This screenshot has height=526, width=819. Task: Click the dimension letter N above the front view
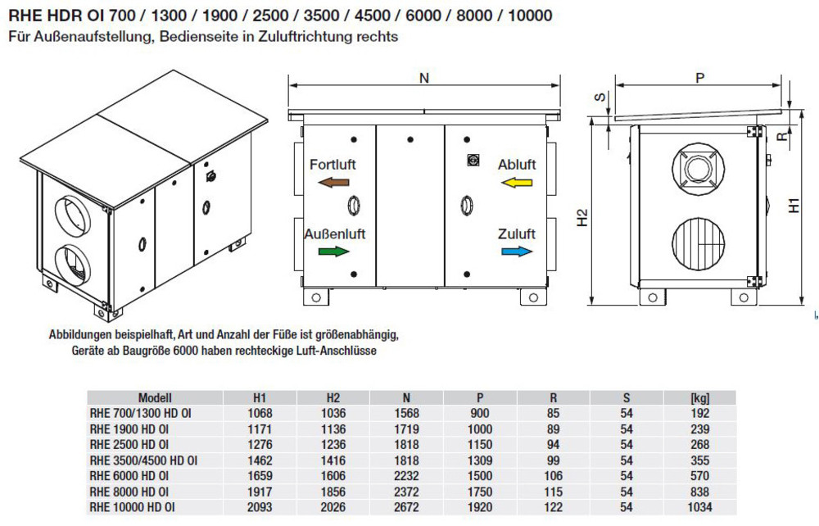coord(423,79)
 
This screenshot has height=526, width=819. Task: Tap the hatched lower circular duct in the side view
coord(699,241)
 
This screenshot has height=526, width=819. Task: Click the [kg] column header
coord(700,397)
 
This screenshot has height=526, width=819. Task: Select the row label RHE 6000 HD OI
coord(129,474)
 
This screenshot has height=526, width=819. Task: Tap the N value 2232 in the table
coord(406,474)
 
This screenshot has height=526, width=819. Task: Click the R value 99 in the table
coord(554,460)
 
